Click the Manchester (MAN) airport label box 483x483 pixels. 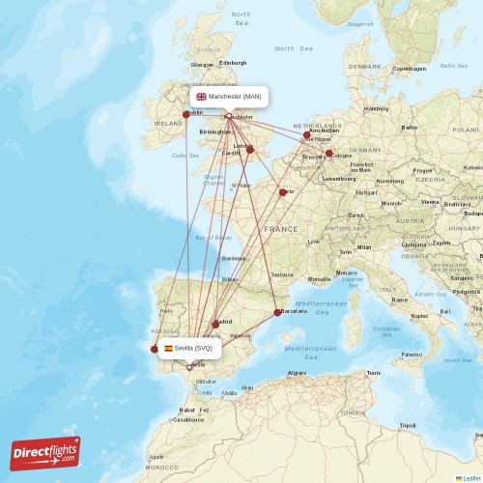coord(229,97)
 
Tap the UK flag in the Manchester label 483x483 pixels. coord(201,97)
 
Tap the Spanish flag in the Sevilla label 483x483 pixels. coord(168,348)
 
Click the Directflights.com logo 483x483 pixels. coord(45,453)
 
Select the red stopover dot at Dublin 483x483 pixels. coord(186,114)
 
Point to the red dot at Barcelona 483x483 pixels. coord(277,312)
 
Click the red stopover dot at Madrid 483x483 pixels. coord(215,325)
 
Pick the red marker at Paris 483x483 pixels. coord(283,192)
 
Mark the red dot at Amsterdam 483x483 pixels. coord(307,135)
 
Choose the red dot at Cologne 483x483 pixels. coord(328,154)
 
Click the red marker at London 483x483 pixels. coord(250,150)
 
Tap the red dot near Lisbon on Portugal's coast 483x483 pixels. coord(154,350)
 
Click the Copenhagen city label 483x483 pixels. coord(410,69)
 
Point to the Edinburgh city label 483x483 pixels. coord(233,64)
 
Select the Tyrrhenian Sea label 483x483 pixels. coord(386,330)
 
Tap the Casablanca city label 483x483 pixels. coord(188,419)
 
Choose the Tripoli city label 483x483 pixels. coord(408,425)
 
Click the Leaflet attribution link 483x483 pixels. coord(469,477)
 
